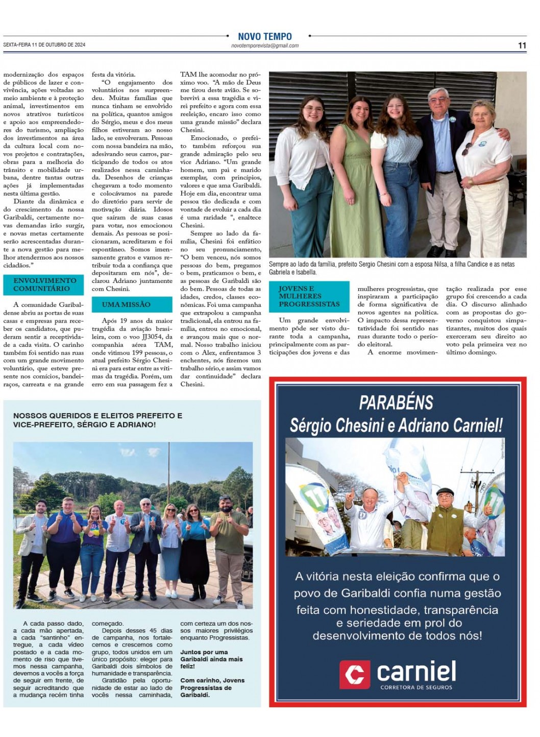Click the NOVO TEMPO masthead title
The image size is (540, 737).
pyautogui.click(x=264, y=36)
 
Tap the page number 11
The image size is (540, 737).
pyautogui.click(x=522, y=45)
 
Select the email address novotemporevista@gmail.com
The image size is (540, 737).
pyautogui.click(x=264, y=46)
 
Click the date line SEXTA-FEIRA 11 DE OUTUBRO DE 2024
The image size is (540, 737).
pyautogui.click(x=44, y=45)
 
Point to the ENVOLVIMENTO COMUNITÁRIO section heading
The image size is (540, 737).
pyautogui.click(x=44, y=284)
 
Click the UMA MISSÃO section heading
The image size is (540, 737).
pyautogui.click(x=126, y=304)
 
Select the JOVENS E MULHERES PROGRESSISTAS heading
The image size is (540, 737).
pyautogui.click(x=308, y=296)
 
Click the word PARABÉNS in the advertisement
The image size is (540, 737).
pyautogui.click(x=396, y=402)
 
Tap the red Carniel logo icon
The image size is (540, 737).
pyautogui.click(x=354, y=674)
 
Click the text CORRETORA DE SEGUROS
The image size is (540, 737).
pyautogui.click(x=416, y=687)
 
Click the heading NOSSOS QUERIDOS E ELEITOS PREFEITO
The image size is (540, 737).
pyautogui.click(x=97, y=416)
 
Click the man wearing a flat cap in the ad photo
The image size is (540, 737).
pyautogui.click(x=445, y=516)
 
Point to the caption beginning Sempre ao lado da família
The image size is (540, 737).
pyautogui.click(x=391, y=268)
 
